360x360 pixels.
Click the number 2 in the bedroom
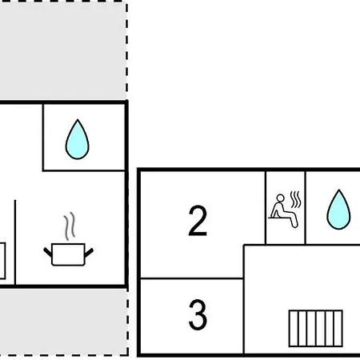tap(198, 221)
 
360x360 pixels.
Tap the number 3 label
tap(198, 314)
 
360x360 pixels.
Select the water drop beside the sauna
tap(338, 210)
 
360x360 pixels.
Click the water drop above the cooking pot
tap(78, 139)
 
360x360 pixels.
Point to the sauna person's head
tap(280, 198)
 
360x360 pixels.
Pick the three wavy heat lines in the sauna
tap(296, 199)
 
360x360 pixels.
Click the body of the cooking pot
tap(68, 254)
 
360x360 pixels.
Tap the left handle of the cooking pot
tap(48, 252)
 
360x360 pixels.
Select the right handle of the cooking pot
tap(89, 253)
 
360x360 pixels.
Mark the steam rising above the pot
tap(69, 226)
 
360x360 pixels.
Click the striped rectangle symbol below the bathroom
tap(316, 329)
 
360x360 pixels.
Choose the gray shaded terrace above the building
tap(63, 50)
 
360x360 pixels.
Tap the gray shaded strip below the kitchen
tap(63, 322)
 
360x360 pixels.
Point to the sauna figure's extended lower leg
tap(294, 221)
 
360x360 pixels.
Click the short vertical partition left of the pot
tap(15, 242)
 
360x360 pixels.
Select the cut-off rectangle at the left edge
tap(2, 261)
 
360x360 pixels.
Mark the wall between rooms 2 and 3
tap(192, 278)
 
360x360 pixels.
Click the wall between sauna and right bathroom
tap(306, 207)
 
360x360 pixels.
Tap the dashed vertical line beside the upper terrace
tap(127, 50)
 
